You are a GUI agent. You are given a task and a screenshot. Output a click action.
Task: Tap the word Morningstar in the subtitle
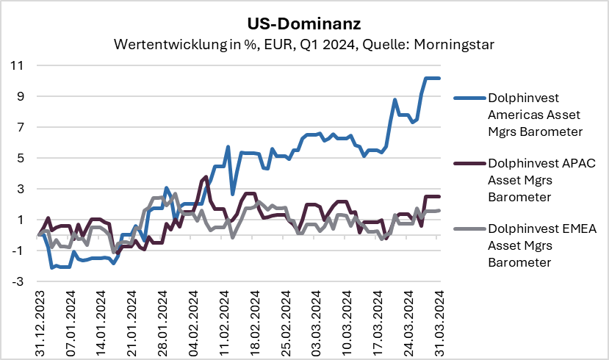point(453,44)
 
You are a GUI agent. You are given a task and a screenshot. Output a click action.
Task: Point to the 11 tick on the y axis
point(17,65)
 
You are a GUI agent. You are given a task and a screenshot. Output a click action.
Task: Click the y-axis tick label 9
point(20,96)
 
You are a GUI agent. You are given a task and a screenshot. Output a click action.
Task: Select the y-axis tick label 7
point(20,127)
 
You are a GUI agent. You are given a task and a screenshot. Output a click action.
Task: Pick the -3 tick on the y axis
point(18,281)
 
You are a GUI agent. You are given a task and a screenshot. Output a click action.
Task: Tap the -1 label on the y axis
point(18,251)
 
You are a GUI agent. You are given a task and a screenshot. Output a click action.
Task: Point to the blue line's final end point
point(439,78)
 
